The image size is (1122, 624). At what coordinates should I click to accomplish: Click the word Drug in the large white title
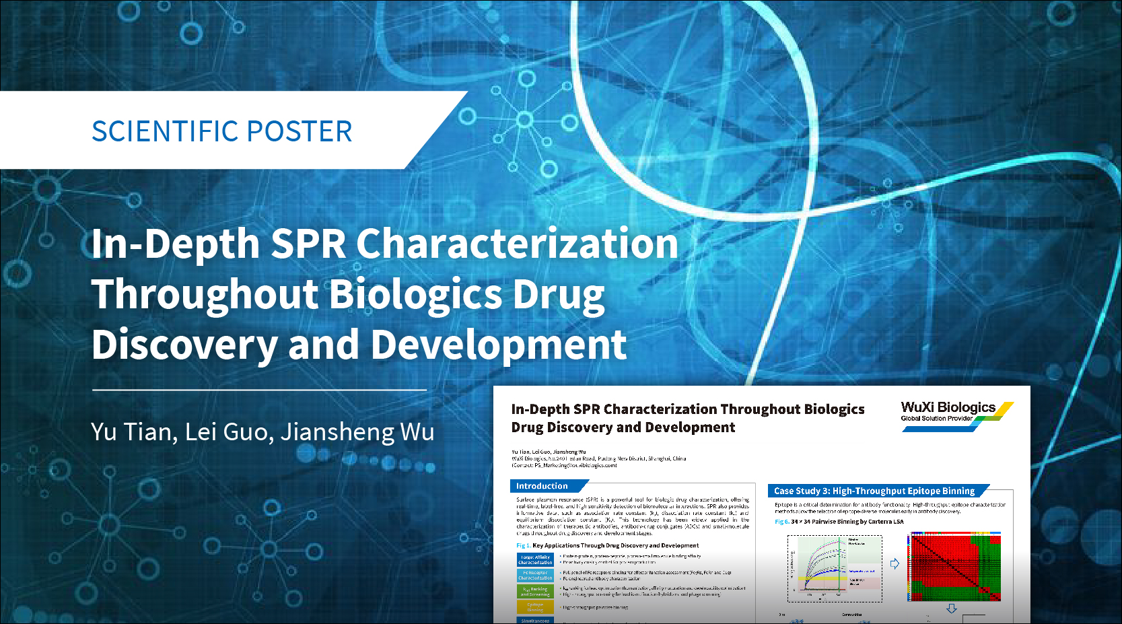point(559,295)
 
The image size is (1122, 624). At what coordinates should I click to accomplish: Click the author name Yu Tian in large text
point(133,431)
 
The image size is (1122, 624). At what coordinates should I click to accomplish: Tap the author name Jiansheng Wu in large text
point(357,431)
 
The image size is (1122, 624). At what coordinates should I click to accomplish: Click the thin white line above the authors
point(259,390)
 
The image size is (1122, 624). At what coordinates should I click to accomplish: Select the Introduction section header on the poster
point(542,486)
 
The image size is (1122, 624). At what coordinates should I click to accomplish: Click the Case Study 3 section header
point(874,491)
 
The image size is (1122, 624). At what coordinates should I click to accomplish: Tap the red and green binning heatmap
point(954,567)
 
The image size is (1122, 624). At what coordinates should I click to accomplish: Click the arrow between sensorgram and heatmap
point(895,564)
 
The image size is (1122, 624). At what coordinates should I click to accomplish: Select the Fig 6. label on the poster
point(781,522)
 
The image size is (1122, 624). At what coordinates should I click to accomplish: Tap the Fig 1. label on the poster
point(523,546)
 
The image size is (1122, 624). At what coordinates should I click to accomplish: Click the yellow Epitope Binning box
point(535,607)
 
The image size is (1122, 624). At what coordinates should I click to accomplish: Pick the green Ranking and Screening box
point(535,592)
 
